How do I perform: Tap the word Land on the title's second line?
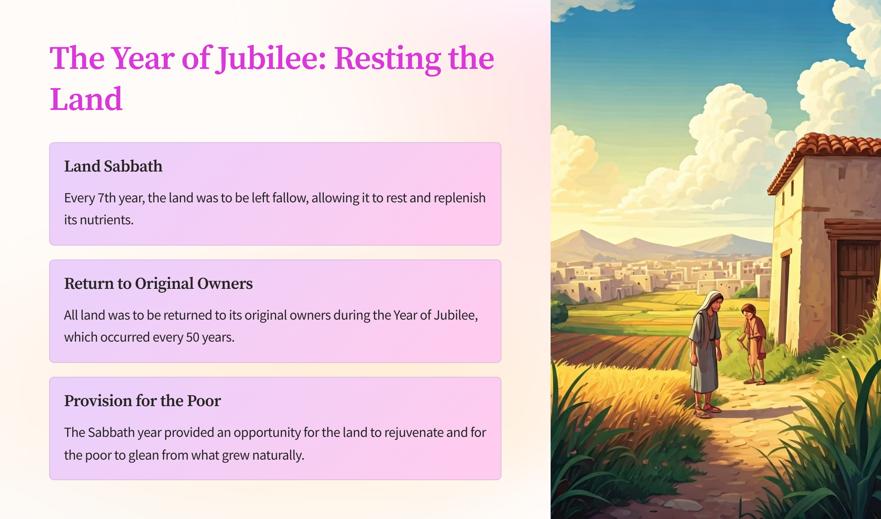[86, 99]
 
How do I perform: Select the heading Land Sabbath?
[113, 166]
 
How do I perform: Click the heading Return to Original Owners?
[158, 284]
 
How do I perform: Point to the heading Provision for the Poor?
[142, 401]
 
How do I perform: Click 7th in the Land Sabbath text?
[107, 198]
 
